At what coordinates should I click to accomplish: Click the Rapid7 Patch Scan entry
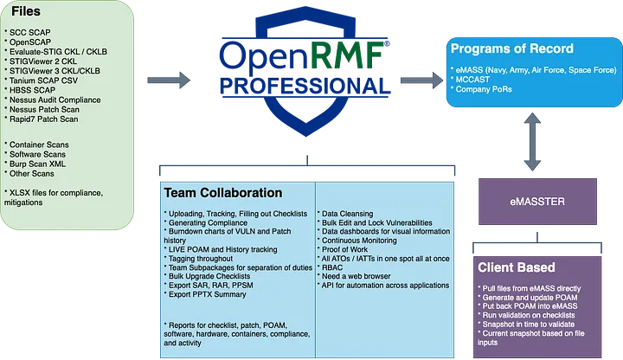[42, 119]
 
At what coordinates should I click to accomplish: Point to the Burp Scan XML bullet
[38, 162]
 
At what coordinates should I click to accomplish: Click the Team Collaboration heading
[222, 192]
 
